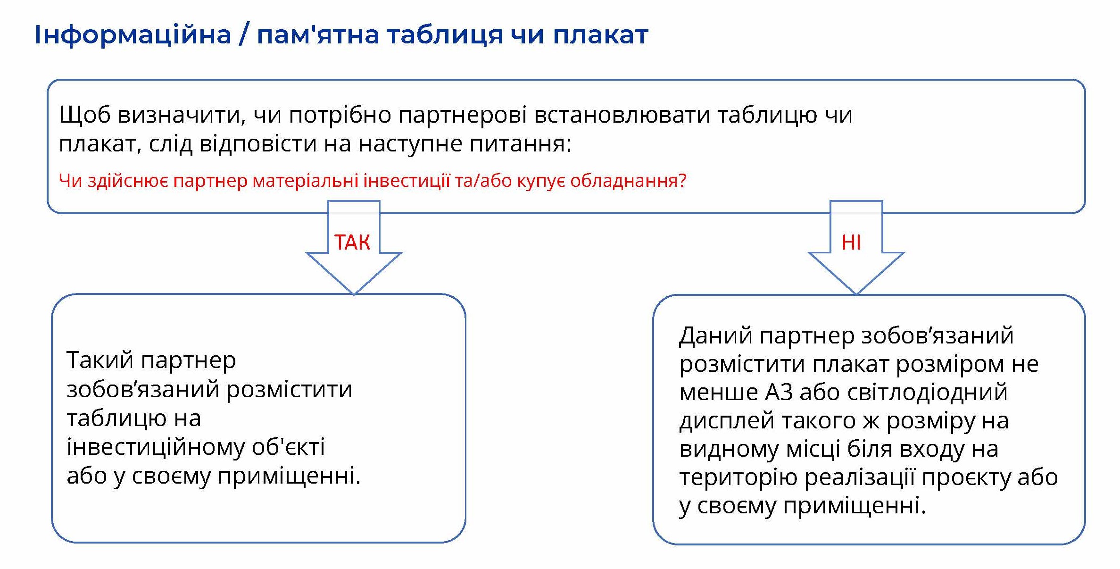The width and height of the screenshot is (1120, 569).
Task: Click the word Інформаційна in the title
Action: [x=133, y=35]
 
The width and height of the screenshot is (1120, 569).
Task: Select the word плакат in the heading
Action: [x=600, y=35]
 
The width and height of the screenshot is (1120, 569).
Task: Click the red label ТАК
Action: [x=352, y=243]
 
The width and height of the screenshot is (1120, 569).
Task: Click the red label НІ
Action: [x=851, y=243]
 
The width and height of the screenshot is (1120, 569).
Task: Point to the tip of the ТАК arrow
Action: [x=354, y=294]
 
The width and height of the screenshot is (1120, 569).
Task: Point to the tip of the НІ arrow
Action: [x=856, y=294]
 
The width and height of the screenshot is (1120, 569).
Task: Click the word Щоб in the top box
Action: [x=84, y=115]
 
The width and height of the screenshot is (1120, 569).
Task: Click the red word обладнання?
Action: [x=629, y=181]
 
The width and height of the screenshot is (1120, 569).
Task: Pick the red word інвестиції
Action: [x=407, y=181]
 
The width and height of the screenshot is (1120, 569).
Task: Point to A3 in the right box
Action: [x=779, y=392]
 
